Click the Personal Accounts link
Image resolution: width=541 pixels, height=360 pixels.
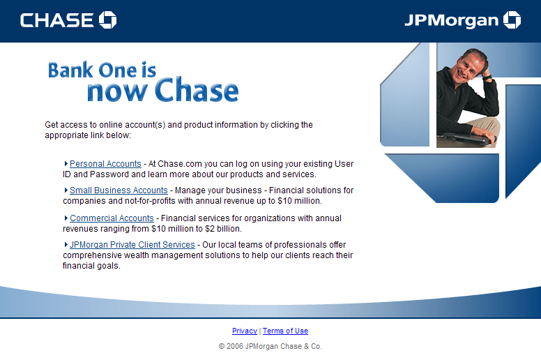coord(105,164)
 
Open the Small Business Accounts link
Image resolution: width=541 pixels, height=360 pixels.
coord(119,190)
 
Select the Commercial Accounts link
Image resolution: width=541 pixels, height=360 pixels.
coord(112,218)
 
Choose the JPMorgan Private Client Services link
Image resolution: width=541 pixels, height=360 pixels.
coord(132,245)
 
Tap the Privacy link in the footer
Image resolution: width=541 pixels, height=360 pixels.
coord(245,331)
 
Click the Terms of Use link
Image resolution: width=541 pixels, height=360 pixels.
coord(285,331)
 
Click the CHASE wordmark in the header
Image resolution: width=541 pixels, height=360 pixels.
coord(58,20)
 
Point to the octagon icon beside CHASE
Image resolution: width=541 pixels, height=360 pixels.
coord(107,20)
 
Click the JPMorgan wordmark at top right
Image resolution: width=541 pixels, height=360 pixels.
coord(451,20)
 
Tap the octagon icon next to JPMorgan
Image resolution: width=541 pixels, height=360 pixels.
coord(512,20)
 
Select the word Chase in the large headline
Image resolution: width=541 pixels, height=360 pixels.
coord(197,91)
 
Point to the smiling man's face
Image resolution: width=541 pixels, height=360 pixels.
coord(468,70)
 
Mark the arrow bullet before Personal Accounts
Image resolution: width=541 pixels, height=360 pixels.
coord(66,164)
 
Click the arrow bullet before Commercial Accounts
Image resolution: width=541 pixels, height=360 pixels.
coord(66,218)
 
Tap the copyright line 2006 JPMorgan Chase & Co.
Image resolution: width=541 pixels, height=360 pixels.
coord(270,346)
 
